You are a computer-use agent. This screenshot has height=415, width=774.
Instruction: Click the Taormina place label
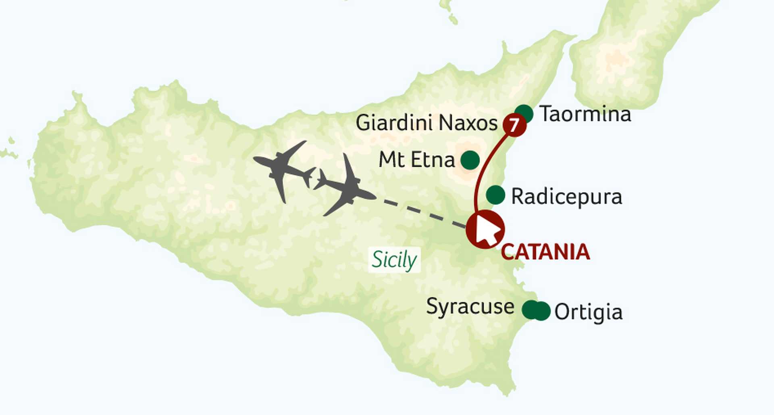[585, 114]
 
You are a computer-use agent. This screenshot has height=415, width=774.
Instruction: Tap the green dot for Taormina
[524, 113]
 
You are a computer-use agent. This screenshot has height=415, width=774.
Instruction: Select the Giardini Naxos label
[427, 122]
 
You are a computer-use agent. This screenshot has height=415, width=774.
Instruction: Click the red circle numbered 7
[514, 125]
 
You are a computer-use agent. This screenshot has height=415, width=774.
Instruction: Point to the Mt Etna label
[416, 160]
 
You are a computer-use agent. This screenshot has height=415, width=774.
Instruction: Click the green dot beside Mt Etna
[470, 160]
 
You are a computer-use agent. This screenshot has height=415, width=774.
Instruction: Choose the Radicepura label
[566, 197]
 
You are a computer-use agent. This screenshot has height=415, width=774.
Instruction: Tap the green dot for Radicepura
[495, 195]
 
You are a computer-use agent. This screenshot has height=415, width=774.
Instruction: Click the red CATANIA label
[545, 252]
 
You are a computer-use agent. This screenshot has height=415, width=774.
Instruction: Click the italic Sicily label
[394, 260]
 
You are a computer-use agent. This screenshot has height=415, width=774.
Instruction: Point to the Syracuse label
[470, 307]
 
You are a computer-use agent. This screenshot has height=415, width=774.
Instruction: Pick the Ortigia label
[588, 312]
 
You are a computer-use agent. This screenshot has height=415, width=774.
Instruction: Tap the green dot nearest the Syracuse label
[530, 310]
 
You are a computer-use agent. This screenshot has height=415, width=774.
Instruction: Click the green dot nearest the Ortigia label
[542, 311]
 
